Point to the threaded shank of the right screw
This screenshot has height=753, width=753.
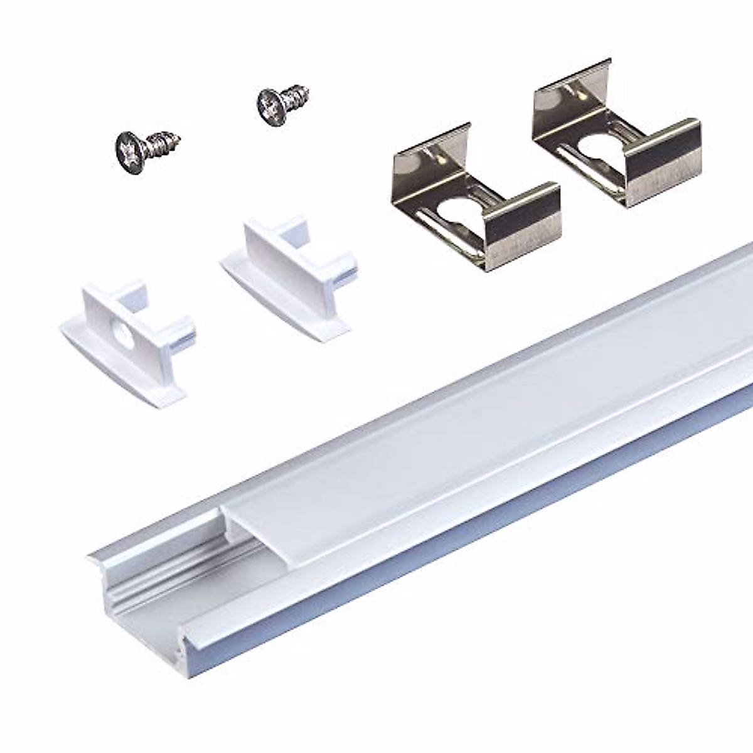coord(296,95)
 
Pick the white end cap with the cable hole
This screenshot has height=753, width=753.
coord(129,342)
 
